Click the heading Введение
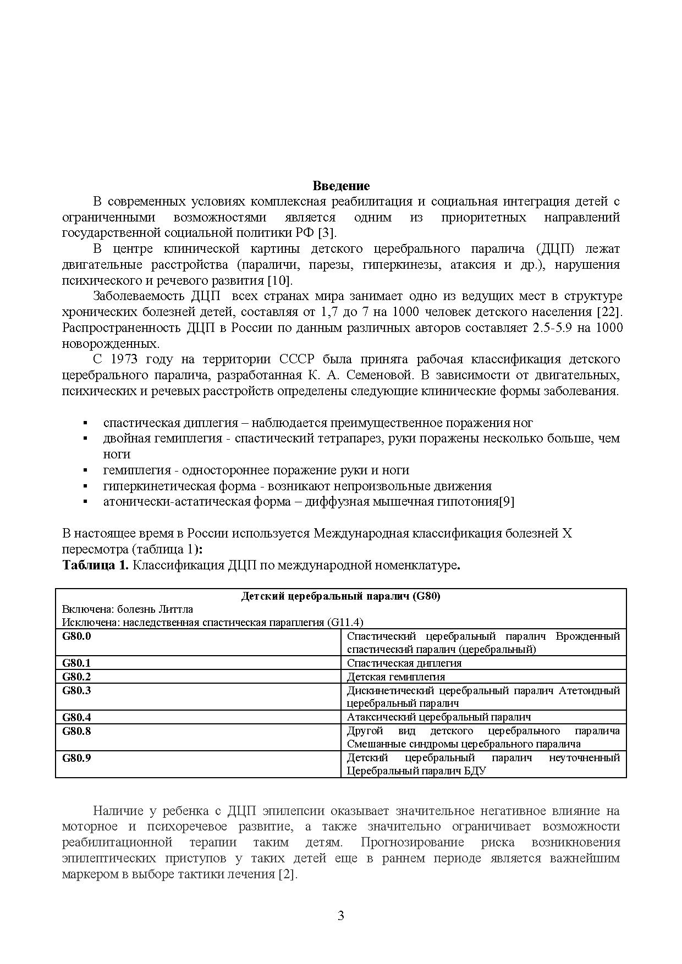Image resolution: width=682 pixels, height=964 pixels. click(341, 186)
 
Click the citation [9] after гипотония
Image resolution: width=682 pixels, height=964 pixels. click(507, 502)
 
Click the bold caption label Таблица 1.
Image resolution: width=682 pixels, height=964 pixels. click(95, 566)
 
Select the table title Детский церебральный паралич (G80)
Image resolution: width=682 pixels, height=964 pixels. click(340, 596)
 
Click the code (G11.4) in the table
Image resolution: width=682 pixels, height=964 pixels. click(345, 623)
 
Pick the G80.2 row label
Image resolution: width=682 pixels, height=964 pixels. click(76, 677)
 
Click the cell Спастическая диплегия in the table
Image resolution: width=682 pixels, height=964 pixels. click(404, 663)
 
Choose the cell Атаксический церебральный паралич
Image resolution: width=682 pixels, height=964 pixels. click(438, 717)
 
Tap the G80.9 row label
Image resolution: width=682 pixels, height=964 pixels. click(76, 758)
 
